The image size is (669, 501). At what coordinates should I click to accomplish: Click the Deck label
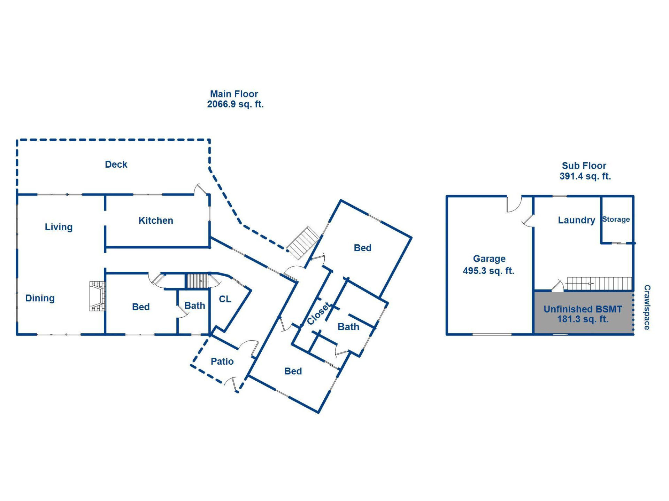116,164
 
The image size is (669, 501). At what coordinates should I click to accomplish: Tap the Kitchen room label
156,221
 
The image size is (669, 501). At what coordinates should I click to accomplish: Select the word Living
59,227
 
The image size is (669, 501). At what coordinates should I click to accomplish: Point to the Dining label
40,298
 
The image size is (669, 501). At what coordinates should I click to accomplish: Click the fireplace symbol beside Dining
98,296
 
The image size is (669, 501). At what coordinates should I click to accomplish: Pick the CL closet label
225,299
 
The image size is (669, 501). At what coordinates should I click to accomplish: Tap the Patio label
222,361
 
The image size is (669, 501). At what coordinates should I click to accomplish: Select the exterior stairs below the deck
303,242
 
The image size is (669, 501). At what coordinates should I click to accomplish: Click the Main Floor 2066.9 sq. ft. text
235,99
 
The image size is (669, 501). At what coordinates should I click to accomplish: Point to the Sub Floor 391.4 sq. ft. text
585,171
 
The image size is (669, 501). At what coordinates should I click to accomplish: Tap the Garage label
489,259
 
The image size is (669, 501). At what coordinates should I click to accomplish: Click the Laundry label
576,220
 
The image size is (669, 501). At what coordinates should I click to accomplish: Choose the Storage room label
616,220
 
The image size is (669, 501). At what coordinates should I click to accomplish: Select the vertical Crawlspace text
647,307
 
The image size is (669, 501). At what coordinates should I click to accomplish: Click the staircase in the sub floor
599,284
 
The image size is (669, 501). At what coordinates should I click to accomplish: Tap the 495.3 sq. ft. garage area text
489,271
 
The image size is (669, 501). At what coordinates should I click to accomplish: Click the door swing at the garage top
514,204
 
